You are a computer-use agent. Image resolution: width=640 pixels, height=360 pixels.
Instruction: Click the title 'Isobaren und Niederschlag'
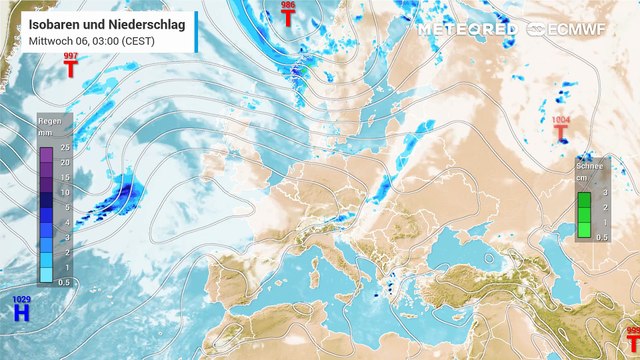[x=99, y=21]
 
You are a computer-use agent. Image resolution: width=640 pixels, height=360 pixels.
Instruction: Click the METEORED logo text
[x=467, y=29]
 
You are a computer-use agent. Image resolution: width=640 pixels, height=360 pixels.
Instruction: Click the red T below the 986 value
[x=288, y=18]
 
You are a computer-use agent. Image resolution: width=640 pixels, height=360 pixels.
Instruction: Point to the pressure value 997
[x=70, y=56]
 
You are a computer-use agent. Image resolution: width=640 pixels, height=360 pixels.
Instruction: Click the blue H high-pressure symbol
[x=21, y=313]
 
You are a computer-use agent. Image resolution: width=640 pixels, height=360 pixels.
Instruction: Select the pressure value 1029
[x=21, y=299]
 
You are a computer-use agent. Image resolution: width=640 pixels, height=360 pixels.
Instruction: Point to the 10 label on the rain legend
[x=64, y=192]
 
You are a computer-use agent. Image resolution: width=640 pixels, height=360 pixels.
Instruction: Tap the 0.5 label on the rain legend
[x=62, y=282]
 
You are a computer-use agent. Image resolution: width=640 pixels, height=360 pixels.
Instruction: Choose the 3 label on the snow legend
[x=604, y=192]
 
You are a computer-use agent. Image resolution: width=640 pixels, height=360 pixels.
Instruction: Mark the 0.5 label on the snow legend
[x=602, y=236]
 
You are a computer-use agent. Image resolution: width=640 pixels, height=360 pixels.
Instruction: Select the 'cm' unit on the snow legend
[x=580, y=181]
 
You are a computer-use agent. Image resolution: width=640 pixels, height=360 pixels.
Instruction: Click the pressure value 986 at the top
[x=288, y=6]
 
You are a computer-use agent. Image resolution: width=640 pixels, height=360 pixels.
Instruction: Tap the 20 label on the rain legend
[x=64, y=162]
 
